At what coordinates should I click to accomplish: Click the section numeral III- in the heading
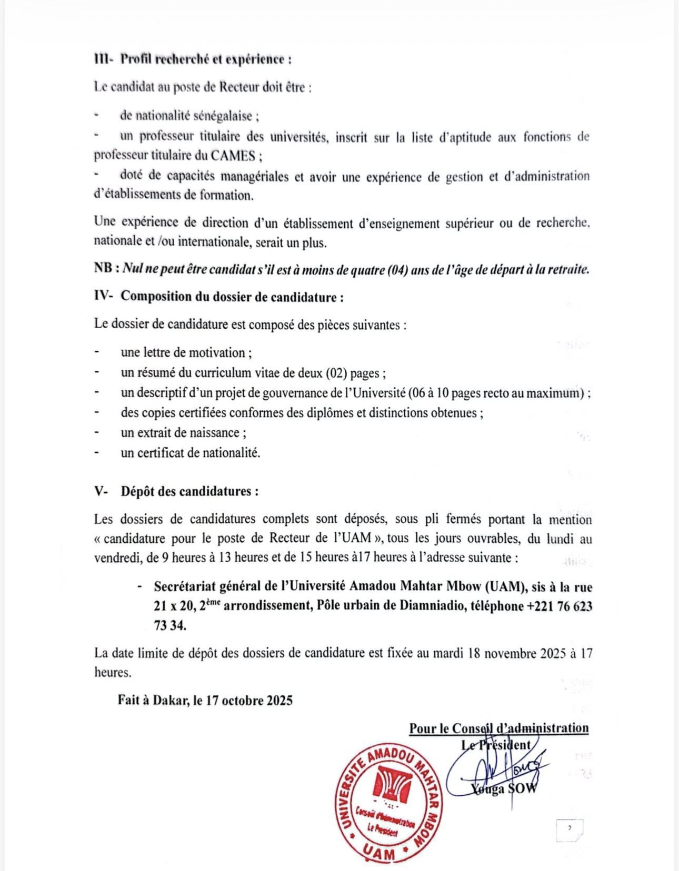pos(104,58)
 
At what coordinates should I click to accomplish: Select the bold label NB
pos(105,269)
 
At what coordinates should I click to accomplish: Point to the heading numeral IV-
pos(104,296)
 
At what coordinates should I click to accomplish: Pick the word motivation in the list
pos(217,352)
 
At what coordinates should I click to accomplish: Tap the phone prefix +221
pos(540,605)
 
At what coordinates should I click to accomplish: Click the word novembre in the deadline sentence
pos(510,653)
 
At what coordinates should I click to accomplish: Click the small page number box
pos(569,828)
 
